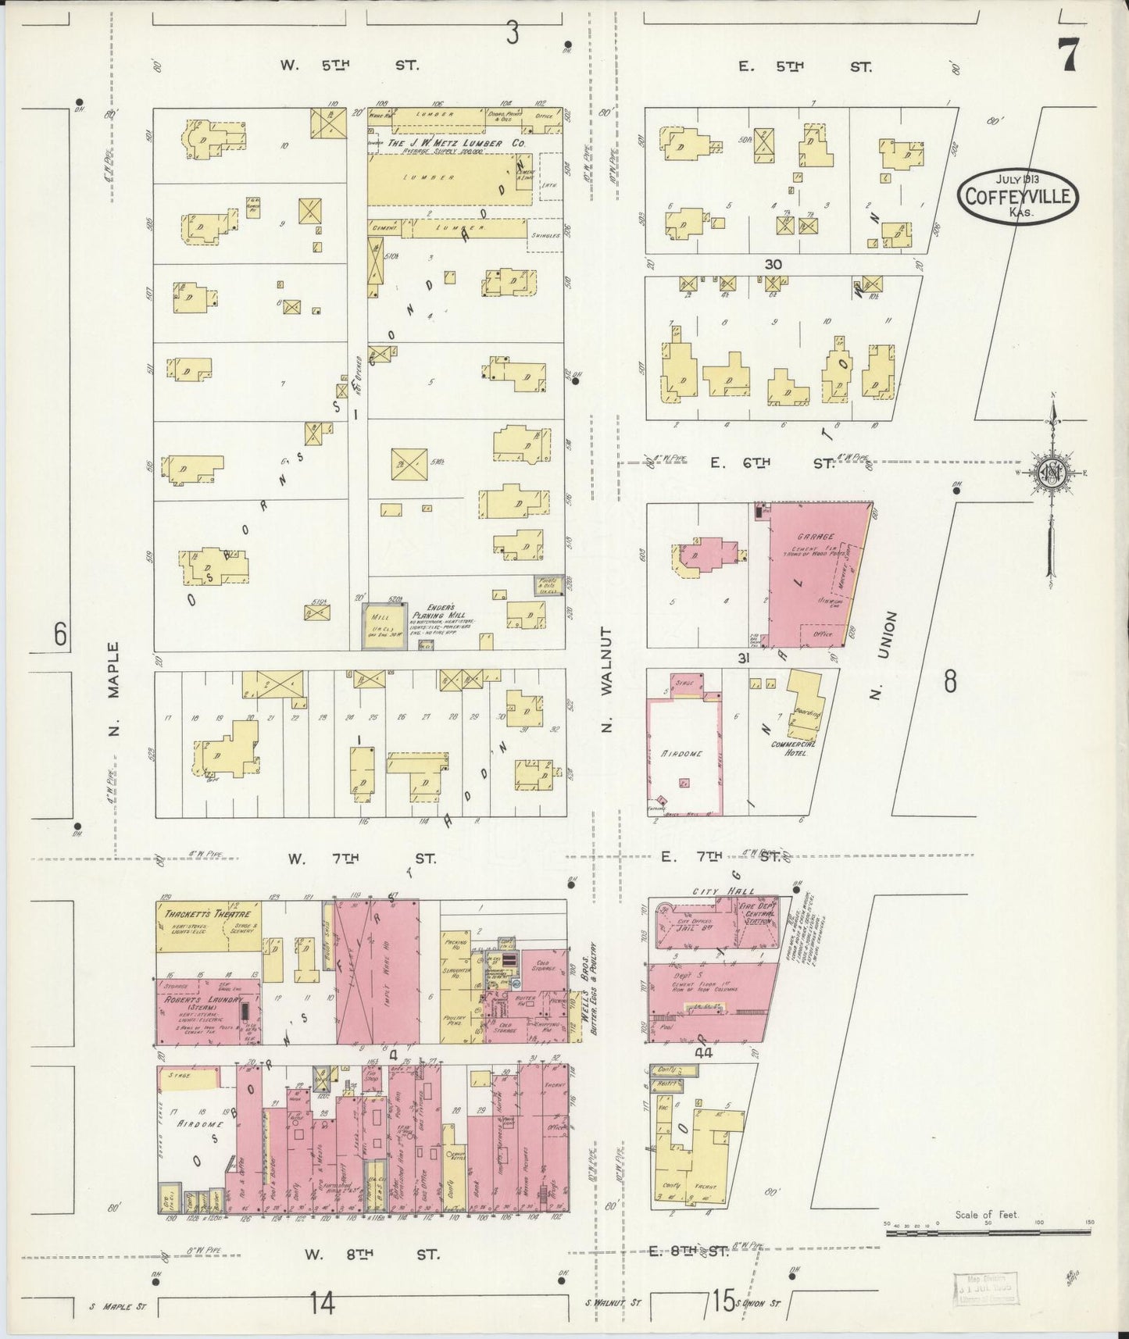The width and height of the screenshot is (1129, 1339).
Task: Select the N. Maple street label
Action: point(114,689)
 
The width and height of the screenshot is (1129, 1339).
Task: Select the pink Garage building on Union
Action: point(813,574)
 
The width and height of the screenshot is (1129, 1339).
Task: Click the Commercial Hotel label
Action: point(793,748)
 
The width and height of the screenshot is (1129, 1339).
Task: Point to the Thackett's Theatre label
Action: point(208,915)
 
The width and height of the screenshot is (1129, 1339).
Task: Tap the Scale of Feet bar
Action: point(988,1232)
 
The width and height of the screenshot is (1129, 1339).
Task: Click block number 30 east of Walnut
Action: point(773,265)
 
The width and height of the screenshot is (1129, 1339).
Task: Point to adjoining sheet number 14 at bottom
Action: point(322,1303)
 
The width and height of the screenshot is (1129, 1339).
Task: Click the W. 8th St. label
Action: point(371,1255)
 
